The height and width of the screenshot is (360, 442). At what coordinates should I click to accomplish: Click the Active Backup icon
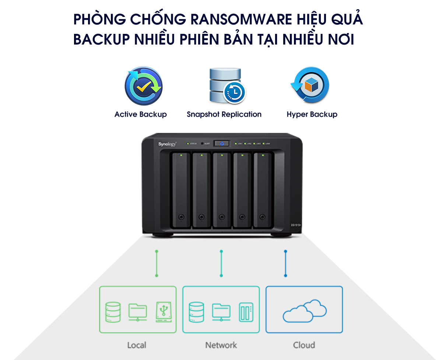click(143, 86)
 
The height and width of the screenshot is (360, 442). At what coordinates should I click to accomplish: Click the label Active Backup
click(140, 114)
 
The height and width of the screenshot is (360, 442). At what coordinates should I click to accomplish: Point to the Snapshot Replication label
click(224, 114)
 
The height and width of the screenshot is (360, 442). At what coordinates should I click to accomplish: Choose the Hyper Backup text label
click(312, 114)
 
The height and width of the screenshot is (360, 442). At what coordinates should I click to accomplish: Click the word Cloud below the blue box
click(304, 345)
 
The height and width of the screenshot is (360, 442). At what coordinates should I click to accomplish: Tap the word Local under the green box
click(137, 345)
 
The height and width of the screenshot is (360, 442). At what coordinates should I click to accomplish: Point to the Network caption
click(221, 345)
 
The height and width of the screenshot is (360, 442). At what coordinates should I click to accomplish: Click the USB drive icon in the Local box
click(164, 312)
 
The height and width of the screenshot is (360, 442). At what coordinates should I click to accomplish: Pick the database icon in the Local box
click(112, 312)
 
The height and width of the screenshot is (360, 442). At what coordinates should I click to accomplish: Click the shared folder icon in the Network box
click(221, 312)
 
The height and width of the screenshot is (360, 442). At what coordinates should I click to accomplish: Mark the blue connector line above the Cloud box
click(285, 264)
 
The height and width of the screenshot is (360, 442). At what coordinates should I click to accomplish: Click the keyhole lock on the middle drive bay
click(221, 216)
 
